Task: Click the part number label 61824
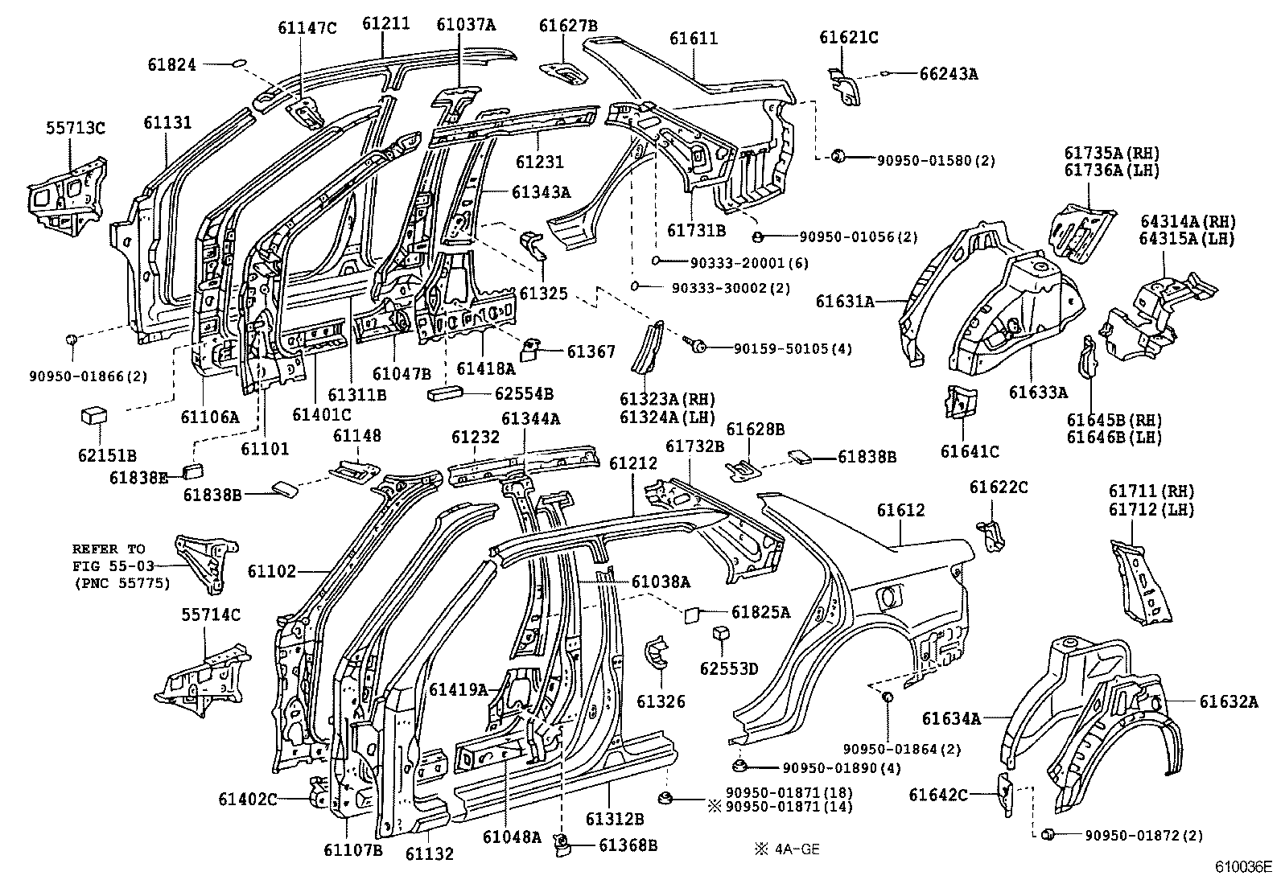171,64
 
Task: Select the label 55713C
75,127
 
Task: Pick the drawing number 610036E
1243,868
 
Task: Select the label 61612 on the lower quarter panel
900,510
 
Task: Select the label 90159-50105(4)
793,348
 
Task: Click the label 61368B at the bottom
628,845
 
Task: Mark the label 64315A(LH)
1187,238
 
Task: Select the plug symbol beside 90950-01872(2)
1048,835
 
